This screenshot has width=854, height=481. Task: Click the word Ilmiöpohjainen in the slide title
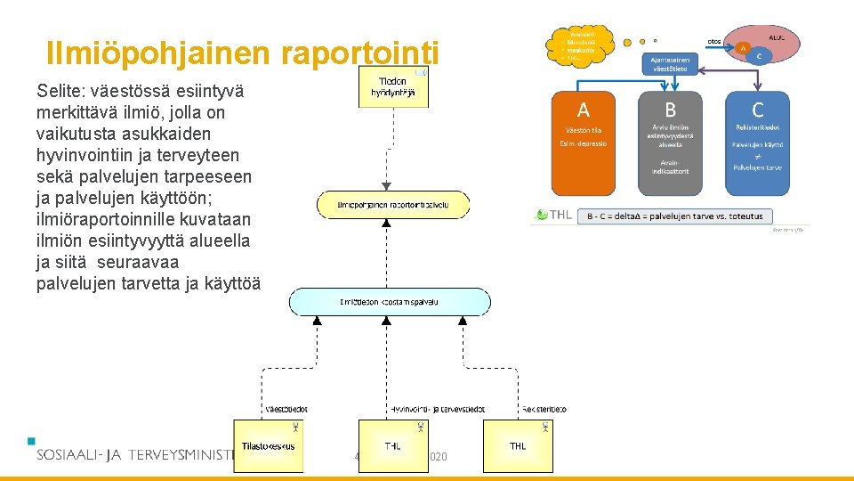click(x=160, y=53)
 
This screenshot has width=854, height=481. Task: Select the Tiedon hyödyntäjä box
click(x=393, y=87)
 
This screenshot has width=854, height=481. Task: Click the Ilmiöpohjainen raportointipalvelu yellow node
click(x=392, y=206)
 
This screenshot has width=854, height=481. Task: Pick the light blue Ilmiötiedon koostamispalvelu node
click(x=390, y=302)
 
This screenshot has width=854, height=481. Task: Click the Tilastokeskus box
click(x=268, y=445)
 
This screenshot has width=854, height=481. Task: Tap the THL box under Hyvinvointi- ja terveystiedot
click(x=392, y=445)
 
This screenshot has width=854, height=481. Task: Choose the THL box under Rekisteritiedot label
click(x=518, y=445)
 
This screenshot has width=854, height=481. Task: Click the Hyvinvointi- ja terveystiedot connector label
click(x=438, y=410)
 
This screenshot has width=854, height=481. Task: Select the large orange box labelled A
click(x=583, y=143)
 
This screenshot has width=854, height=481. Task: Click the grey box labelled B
click(x=670, y=143)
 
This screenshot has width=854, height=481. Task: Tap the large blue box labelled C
click(x=757, y=143)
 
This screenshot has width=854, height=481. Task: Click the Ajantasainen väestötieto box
click(x=672, y=64)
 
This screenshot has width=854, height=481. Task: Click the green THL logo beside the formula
click(x=552, y=215)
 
